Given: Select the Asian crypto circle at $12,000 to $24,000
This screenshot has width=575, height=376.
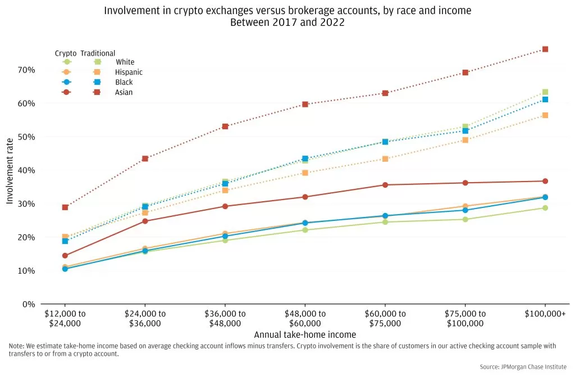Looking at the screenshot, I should click(x=65, y=256).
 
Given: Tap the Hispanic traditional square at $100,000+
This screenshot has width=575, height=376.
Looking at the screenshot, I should click(x=545, y=116).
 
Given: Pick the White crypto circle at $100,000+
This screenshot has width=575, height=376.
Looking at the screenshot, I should click(x=545, y=208).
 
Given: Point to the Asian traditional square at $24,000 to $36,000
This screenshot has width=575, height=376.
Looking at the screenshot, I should click(x=145, y=158).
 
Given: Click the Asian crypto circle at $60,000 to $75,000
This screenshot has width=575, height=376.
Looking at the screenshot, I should click(x=385, y=185).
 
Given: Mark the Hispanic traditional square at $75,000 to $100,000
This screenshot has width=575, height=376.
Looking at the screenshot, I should click(x=466, y=140).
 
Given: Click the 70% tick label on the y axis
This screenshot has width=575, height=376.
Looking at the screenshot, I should click(x=26, y=70).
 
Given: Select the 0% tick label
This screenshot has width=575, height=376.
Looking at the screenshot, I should click(x=29, y=304).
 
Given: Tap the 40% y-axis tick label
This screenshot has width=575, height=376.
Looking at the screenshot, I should click(x=26, y=170).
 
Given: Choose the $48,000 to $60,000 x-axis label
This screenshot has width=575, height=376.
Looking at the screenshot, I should click(x=305, y=319).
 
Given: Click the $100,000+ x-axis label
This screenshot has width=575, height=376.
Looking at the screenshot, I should click(x=545, y=314).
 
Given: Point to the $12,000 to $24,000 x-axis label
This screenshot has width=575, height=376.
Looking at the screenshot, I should click(x=65, y=319).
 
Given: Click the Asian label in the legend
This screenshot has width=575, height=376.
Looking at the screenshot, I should click(x=124, y=92).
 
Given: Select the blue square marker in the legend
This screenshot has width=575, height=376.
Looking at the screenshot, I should click(x=97, y=82).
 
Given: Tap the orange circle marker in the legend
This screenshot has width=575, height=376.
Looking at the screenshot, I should click(x=67, y=72).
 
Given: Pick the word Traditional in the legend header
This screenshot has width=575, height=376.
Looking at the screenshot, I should click(x=98, y=53).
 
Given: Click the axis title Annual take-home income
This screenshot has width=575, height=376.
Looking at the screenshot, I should click(x=305, y=335).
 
